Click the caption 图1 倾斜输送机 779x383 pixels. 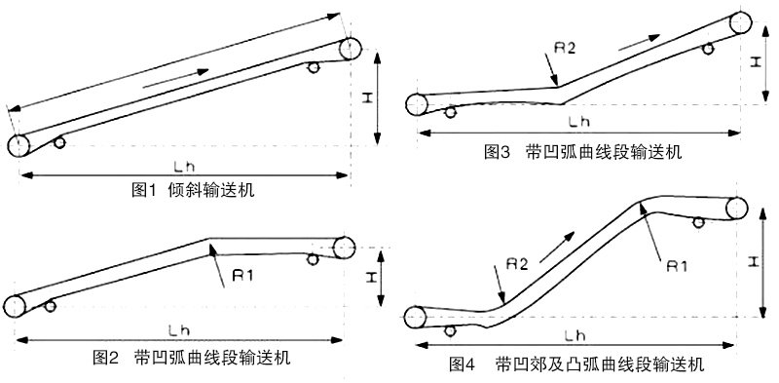tap(193, 189)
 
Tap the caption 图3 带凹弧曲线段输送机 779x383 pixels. tap(583, 152)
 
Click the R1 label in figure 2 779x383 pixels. tap(242, 275)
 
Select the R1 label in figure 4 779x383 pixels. tap(680, 264)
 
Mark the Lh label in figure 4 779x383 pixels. tap(574, 336)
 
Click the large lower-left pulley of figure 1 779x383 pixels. tap(18, 146)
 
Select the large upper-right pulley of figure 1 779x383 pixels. tap(351, 49)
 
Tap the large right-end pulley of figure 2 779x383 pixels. tap(344, 247)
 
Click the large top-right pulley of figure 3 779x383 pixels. tap(740, 23)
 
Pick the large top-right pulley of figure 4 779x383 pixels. tap(737, 208)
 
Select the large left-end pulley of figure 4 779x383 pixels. tap(416, 317)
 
